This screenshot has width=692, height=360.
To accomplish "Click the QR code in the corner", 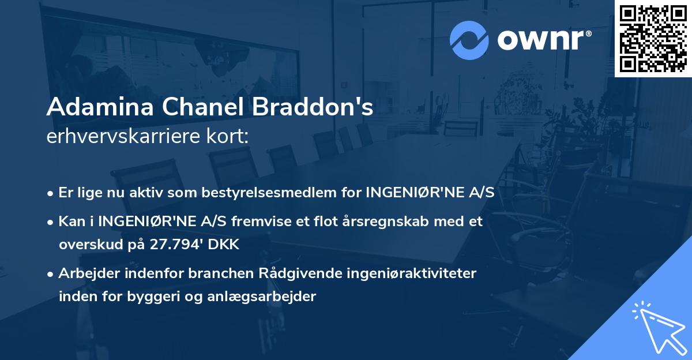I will pos(653,38).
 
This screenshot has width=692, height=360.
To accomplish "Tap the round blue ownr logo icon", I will pos(469,39).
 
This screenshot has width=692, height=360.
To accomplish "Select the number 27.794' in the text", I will pos(171,245).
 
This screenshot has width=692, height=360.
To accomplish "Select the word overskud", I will pos(85,245).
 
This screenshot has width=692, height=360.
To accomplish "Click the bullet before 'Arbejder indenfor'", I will pos(51,273).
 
